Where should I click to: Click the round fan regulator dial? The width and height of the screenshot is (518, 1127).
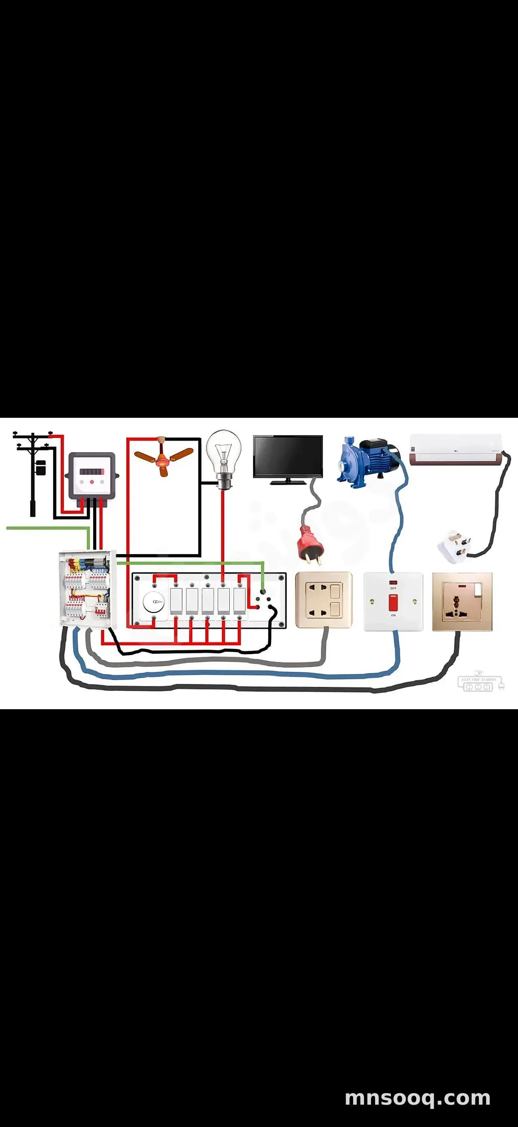tap(153, 603)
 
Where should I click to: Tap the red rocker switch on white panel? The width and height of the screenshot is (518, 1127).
tap(393, 603)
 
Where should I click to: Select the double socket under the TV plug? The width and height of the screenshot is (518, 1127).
tap(323, 600)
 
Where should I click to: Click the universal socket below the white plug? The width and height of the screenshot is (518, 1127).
tap(462, 602)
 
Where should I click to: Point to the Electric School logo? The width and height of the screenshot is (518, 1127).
tap(480, 682)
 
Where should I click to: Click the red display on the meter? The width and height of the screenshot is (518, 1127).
tap(92, 471)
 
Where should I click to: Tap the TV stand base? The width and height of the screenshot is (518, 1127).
tap(288, 482)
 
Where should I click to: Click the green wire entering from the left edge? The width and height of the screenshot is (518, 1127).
tap(44, 528)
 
